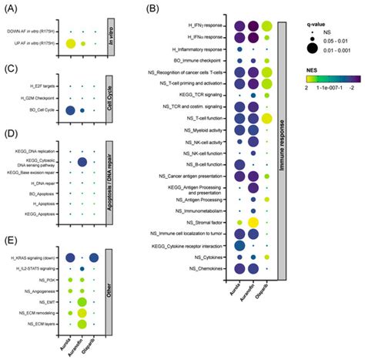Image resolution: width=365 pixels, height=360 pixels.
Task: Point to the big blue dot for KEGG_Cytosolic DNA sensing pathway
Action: pos(82,162)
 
